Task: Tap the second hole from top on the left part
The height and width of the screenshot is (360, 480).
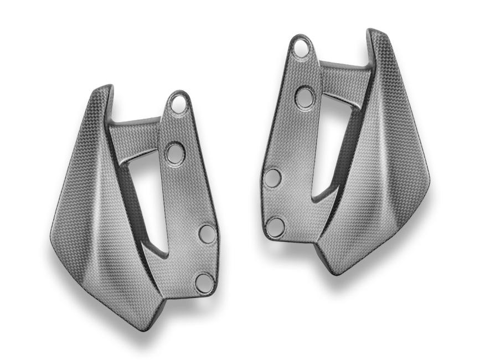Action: tap(176, 152)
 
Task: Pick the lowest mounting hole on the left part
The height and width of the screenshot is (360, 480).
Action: tap(204, 282)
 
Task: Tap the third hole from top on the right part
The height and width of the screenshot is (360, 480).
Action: tap(272, 178)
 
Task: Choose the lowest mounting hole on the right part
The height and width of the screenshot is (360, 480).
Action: tap(276, 227)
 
